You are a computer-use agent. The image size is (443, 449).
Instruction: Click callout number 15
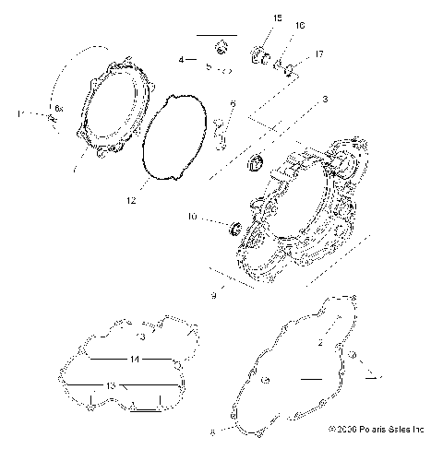pos(252,18)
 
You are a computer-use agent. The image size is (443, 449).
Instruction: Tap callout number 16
pos(274,25)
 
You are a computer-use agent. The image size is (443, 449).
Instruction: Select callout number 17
pos(293,54)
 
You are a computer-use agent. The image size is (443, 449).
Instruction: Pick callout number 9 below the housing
pos(212,295)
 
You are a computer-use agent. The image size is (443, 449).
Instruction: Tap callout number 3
pos(324,98)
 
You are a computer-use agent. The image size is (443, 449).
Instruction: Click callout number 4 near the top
pos(183,59)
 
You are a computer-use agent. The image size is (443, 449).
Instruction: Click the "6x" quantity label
pos(58,109)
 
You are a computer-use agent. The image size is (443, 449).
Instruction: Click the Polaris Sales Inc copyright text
pos(375,429)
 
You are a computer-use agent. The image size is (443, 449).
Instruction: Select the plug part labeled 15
pos(259,61)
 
